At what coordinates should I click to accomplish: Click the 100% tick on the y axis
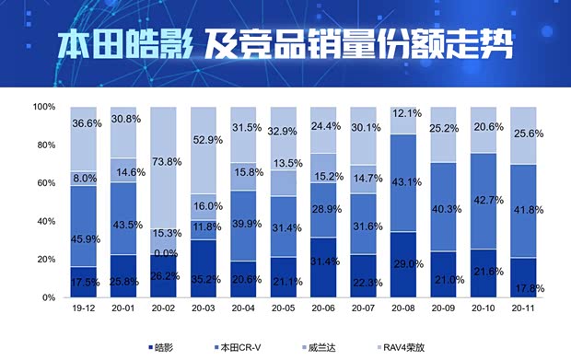[43, 107]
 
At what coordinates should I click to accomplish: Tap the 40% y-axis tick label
[47, 221]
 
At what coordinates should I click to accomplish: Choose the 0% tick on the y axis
[50, 298]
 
